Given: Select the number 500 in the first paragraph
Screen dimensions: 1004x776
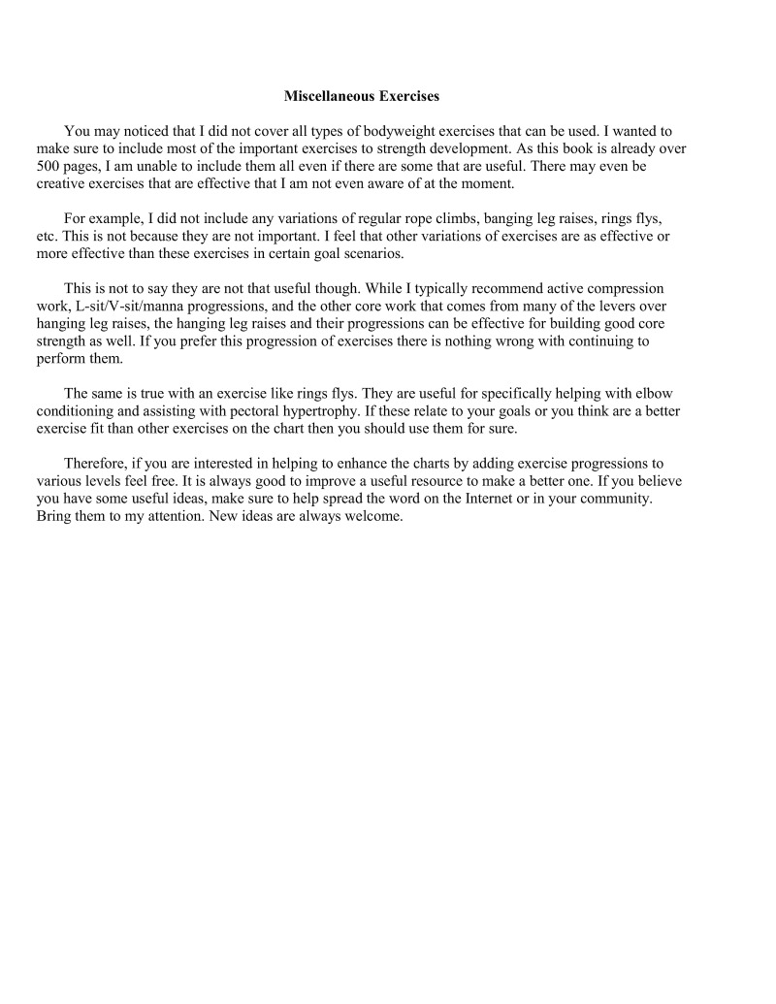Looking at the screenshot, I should pyautogui.click(x=49, y=167).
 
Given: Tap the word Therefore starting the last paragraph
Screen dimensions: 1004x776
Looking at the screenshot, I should pyautogui.click(x=95, y=464).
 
